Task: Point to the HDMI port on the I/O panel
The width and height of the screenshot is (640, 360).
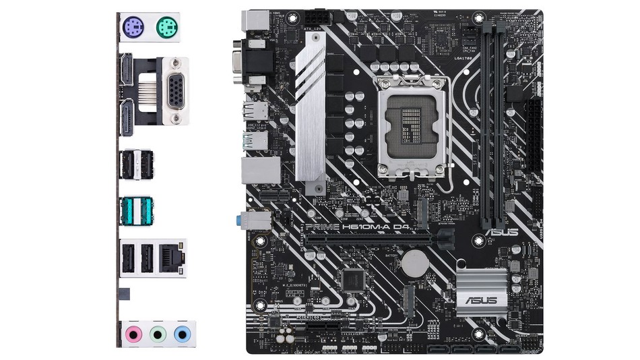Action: (x=125, y=71)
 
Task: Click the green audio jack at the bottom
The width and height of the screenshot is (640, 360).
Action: (x=157, y=333)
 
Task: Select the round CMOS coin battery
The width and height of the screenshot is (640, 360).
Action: (x=416, y=263)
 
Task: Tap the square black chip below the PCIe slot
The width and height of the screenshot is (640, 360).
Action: (x=352, y=278)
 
